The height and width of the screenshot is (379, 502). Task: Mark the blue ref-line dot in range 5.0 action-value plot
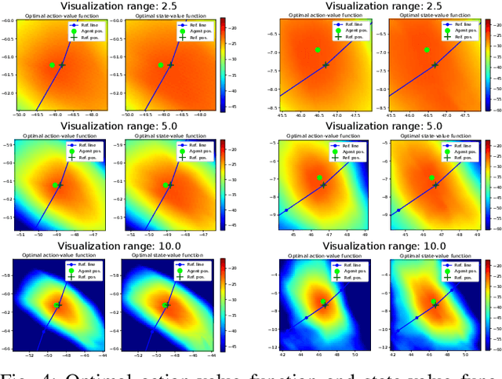point(286,210)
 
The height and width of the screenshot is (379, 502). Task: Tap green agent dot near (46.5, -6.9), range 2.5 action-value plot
point(318,49)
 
